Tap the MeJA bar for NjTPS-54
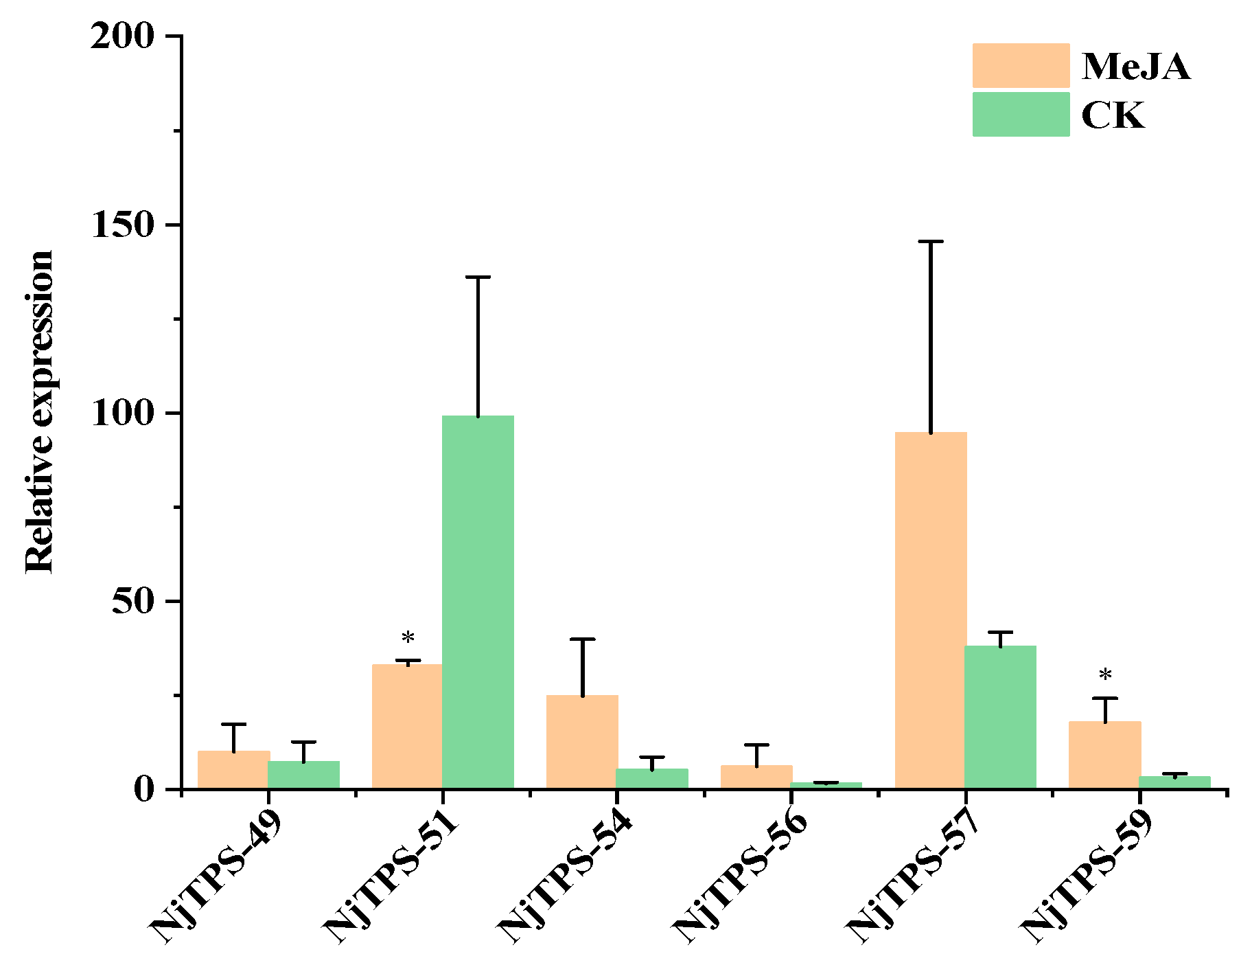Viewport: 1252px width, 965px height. tap(582, 742)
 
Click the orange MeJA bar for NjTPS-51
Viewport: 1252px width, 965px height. tap(407, 726)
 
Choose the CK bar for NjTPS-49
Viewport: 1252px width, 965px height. tap(303, 774)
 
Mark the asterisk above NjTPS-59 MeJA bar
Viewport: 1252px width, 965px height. tap(1105, 676)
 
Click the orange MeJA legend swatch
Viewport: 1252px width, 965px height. tap(1021, 66)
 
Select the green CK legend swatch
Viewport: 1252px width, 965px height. tap(1021, 114)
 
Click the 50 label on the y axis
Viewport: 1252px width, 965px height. tap(133, 601)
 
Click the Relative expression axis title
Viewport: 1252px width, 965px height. tap(40, 412)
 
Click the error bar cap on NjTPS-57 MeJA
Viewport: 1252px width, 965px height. tap(930, 242)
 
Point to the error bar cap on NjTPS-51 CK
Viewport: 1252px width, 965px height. tap(478, 277)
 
